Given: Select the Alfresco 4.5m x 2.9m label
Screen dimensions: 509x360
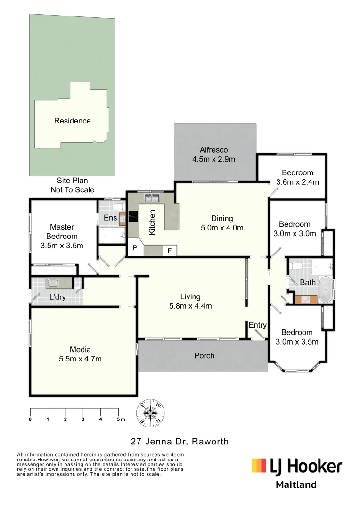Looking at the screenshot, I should pyautogui.click(x=213, y=154).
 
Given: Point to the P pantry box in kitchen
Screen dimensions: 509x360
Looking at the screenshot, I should pyautogui.click(x=134, y=248).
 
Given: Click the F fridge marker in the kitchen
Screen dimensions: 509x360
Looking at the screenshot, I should pyautogui.click(x=169, y=250).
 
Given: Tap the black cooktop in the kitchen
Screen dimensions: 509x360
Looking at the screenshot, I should pyautogui.click(x=133, y=217).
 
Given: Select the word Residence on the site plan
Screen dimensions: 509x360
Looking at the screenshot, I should pyautogui.click(x=72, y=121).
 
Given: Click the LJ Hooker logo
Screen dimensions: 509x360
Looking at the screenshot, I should pyautogui.click(x=296, y=466).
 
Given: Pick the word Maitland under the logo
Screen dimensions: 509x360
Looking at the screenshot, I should pyautogui.click(x=296, y=485).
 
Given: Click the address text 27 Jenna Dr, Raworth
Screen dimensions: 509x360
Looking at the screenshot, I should pyautogui.click(x=180, y=442).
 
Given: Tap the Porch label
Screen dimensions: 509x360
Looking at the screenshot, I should pyautogui.click(x=204, y=355).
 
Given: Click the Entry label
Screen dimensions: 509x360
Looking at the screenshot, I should pyautogui.click(x=257, y=325).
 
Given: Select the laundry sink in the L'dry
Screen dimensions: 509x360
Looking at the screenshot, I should pyautogui.click(x=52, y=283).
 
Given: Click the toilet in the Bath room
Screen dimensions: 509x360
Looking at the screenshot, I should pyautogui.click(x=296, y=266).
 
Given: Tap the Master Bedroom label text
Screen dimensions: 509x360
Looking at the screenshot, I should pyautogui.click(x=61, y=231).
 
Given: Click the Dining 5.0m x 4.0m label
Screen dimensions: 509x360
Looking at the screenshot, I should pyautogui.click(x=221, y=223).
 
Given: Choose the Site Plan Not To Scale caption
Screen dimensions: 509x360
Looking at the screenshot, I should pyautogui.click(x=72, y=185).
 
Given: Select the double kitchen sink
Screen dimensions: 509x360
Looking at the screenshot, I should pyautogui.click(x=151, y=197).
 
